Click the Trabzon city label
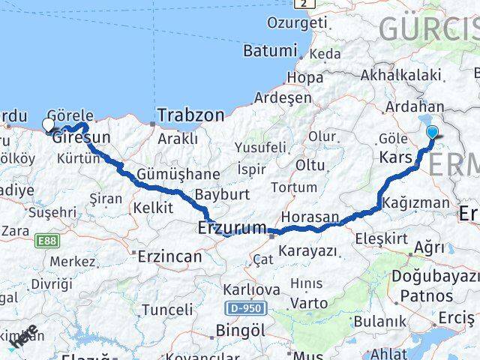pos(190,115)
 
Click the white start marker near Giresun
pos(49,125)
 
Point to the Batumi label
pos(270,51)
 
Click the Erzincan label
pos(169,256)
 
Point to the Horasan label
pos(312,216)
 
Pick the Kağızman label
pos(415,202)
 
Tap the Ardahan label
pos(412,108)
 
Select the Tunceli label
pos(167,309)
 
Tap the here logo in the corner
pos(25,338)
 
